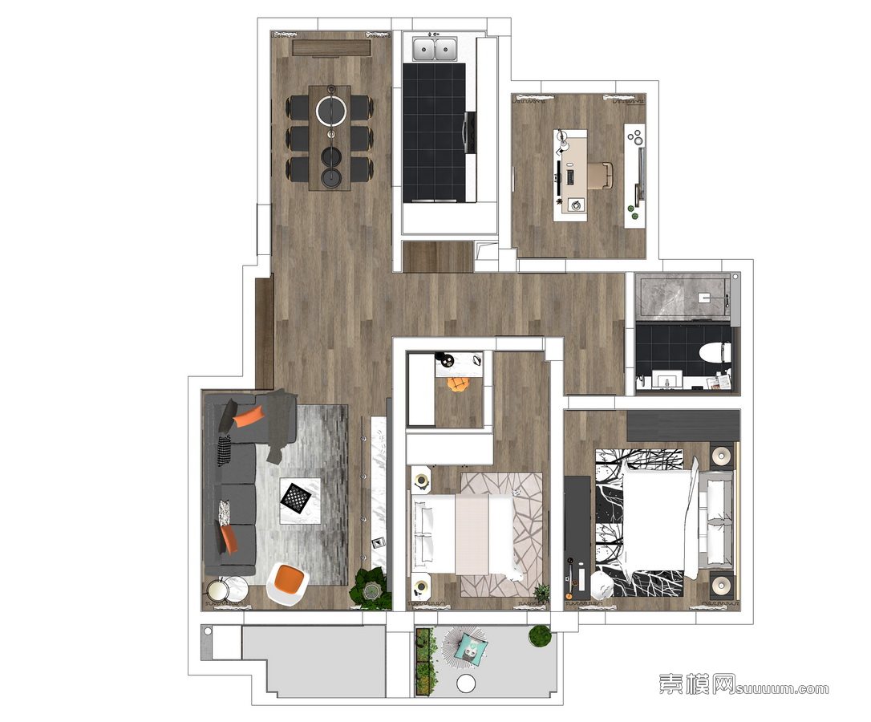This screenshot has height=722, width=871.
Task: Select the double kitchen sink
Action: coord(435,48)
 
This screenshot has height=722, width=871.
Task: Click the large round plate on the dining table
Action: coord(331,111)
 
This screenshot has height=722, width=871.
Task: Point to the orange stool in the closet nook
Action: coord(458,384)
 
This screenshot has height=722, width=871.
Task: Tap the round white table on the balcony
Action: coord(466,683)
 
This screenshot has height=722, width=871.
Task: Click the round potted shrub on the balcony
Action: coord(540,635)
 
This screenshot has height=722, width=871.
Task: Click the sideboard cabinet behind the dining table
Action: coord(331,48)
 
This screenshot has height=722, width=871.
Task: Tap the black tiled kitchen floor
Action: coord(434,133)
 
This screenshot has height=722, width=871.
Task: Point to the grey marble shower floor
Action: coord(684,296)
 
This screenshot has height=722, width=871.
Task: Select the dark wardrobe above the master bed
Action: coord(683,426)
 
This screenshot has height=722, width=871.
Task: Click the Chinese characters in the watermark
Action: coord(698,683)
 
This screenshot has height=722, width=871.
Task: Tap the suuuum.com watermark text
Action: coord(783,688)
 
